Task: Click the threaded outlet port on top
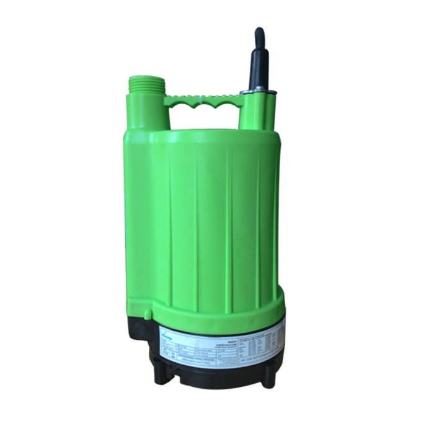[147, 86]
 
